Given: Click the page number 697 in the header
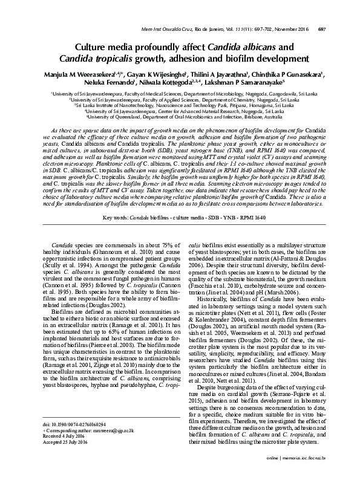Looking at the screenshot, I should pyautogui.click(x=339, y=29).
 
